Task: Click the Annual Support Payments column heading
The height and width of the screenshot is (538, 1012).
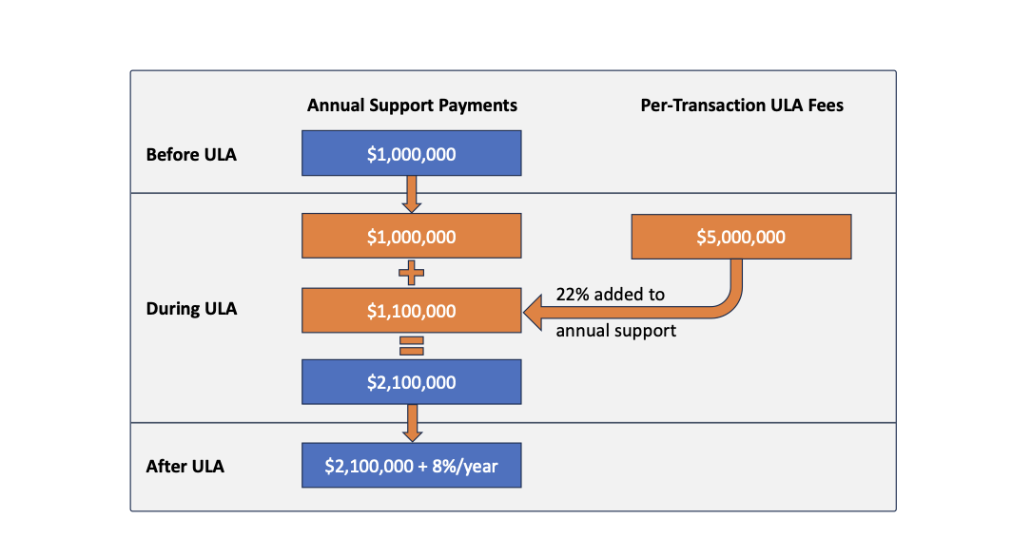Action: click(x=412, y=106)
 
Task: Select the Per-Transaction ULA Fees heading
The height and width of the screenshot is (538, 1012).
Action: click(x=742, y=106)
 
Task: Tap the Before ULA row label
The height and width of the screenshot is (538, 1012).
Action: click(x=191, y=154)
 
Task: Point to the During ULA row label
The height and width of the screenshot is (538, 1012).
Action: click(x=191, y=309)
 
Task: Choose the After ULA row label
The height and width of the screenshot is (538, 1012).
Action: click(x=185, y=467)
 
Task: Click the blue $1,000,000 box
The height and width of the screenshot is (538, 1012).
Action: click(x=411, y=153)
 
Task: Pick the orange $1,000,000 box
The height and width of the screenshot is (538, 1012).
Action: click(x=411, y=237)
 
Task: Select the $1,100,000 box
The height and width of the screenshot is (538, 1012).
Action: click(x=411, y=311)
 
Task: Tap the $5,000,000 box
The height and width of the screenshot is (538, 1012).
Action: click(x=741, y=237)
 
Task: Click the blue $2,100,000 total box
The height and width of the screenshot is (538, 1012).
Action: click(x=411, y=382)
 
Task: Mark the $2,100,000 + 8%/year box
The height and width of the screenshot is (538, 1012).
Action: click(x=411, y=467)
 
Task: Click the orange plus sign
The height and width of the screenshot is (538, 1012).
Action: click(x=411, y=275)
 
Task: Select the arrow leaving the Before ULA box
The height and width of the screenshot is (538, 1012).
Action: click(x=411, y=194)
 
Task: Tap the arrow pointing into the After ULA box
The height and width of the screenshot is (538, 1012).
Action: click(x=411, y=423)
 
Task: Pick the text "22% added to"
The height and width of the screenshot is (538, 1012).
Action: click(x=610, y=295)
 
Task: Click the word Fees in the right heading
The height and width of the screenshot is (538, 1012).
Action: click(x=825, y=106)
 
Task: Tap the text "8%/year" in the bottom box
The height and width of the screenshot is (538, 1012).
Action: click(x=464, y=467)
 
